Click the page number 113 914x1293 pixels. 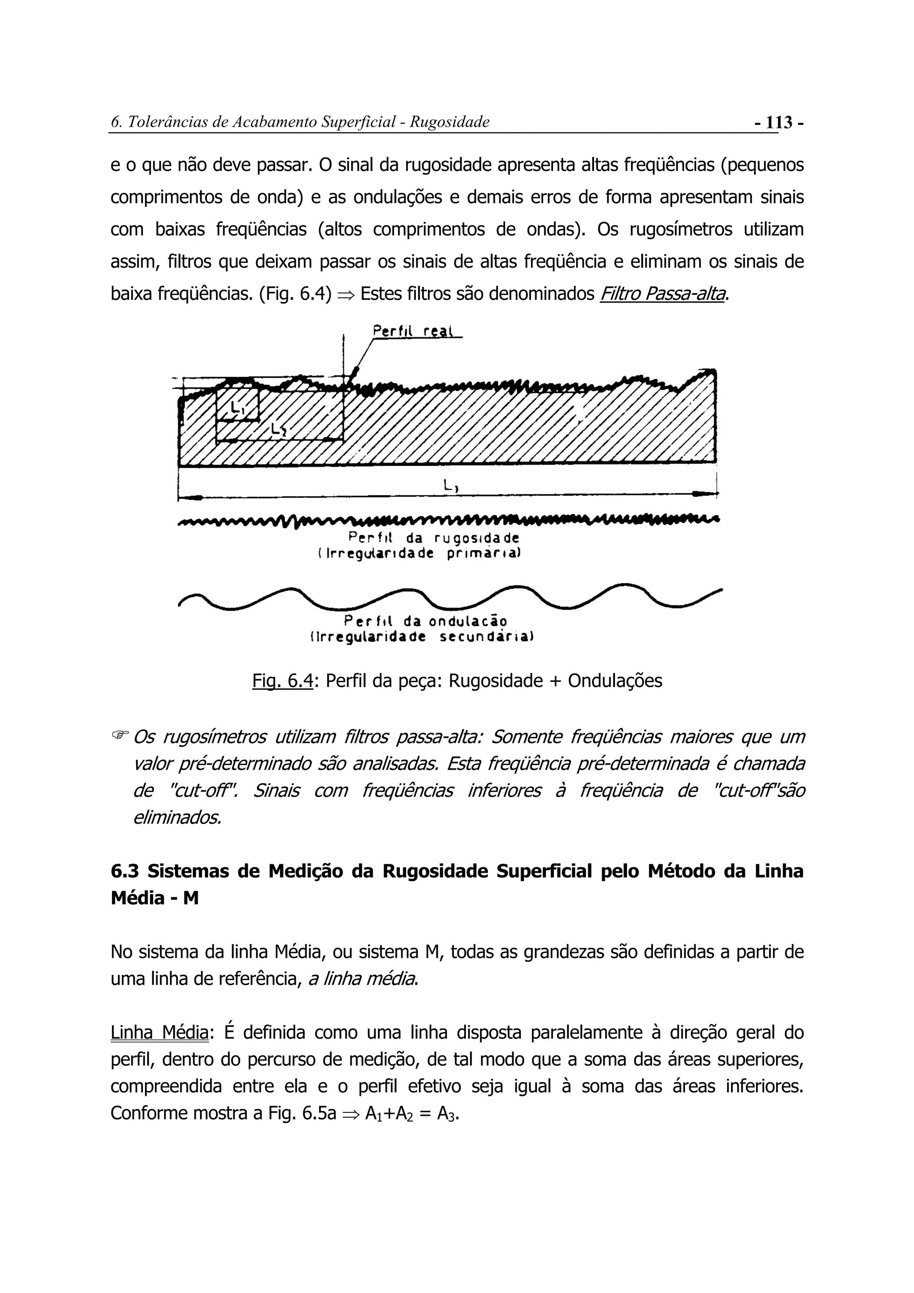779,122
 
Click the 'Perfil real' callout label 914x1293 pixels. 415,331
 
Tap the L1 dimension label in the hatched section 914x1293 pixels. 238,406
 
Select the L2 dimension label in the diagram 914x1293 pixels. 279,430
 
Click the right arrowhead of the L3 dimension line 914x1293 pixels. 703,494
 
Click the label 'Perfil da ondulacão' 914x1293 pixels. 426,621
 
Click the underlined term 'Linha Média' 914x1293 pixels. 159,1033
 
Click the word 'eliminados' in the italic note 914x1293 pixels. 177,817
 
